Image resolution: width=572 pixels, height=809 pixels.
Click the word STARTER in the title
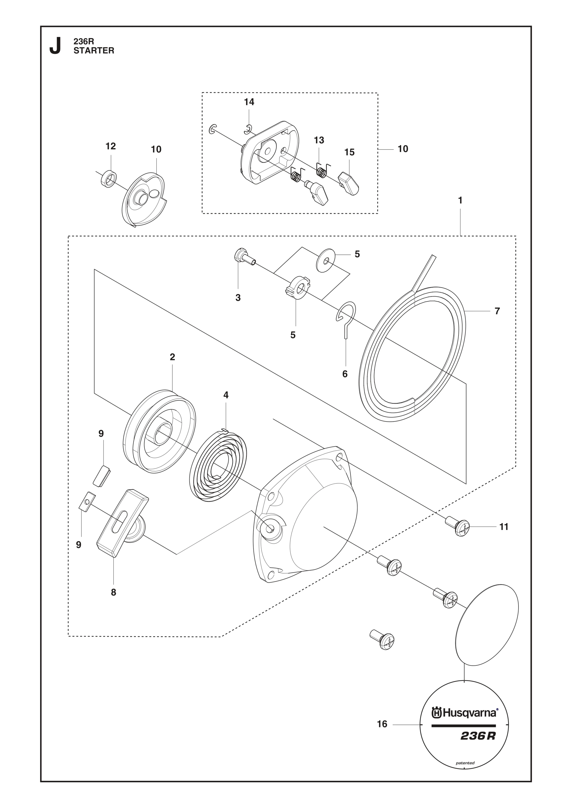click(x=94, y=51)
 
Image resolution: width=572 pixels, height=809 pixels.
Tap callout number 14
click(x=249, y=102)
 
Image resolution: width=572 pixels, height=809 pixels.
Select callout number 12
click(x=111, y=146)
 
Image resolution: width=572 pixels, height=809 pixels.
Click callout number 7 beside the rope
click(x=497, y=311)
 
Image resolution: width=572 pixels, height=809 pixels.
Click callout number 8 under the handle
click(x=113, y=592)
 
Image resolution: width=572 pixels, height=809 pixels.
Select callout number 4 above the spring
click(x=226, y=395)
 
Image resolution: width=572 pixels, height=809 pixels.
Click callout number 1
click(x=460, y=200)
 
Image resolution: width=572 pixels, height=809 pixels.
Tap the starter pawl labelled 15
click(x=349, y=183)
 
